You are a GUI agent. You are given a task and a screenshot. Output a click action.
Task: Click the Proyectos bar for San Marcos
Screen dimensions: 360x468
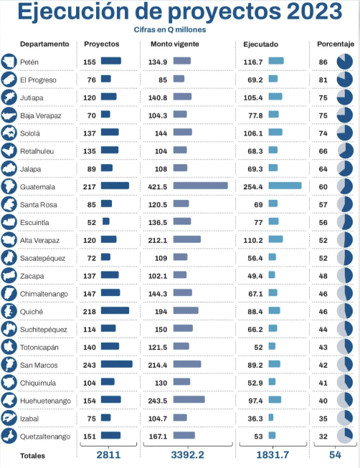[x=116, y=364]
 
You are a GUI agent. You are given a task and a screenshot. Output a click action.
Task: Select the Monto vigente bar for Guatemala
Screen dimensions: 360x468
[x=201, y=186]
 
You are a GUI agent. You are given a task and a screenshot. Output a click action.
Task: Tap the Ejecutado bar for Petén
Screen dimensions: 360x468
[x=276, y=61]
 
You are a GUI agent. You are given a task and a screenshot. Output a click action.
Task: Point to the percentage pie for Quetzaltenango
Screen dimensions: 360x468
[x=345, y=436]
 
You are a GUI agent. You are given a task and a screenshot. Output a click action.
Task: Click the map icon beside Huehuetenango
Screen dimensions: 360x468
[x=9, y=400]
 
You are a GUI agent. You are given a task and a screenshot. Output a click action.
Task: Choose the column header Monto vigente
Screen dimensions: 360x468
[x=175, y=44]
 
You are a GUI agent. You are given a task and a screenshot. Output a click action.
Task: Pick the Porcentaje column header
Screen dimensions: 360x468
[x=336, y=44]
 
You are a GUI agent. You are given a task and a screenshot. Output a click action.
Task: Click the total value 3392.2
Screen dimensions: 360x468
[x=188, y=455]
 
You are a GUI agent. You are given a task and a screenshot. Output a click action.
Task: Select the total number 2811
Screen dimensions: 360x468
[x=108, y=455]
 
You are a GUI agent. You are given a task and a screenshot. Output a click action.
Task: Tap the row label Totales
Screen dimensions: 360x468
[x=32, y=456]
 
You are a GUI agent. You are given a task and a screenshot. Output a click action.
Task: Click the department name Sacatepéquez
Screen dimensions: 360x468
[x=43, y=258]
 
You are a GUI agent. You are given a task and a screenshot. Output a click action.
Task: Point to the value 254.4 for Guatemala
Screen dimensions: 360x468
[x=253, y=187]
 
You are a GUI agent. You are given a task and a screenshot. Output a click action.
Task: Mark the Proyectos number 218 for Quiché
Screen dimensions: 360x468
[x=90, y=312]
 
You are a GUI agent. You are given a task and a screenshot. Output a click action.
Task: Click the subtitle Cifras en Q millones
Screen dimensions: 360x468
[x=170, y=29]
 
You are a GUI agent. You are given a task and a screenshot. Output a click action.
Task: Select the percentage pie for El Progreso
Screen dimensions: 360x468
[x=345, y=80]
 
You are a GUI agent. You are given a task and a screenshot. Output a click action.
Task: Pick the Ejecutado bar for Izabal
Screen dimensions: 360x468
[x=271, y=417]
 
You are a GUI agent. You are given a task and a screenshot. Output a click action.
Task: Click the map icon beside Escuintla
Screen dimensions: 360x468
[x=9, y=222]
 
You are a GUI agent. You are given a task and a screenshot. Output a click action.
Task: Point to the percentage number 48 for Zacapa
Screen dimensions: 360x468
[x=323, y=276]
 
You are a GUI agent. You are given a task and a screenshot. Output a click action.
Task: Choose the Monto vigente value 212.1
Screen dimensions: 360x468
[x=158, y=240]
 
